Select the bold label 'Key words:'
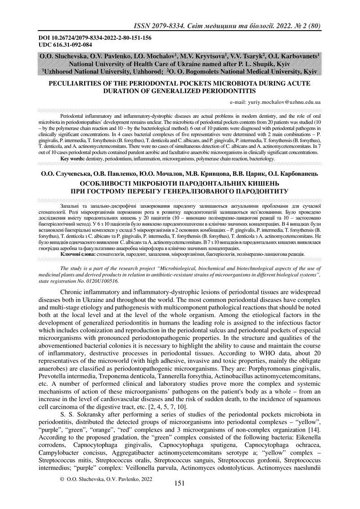point(72,159)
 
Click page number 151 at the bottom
point(180,496)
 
